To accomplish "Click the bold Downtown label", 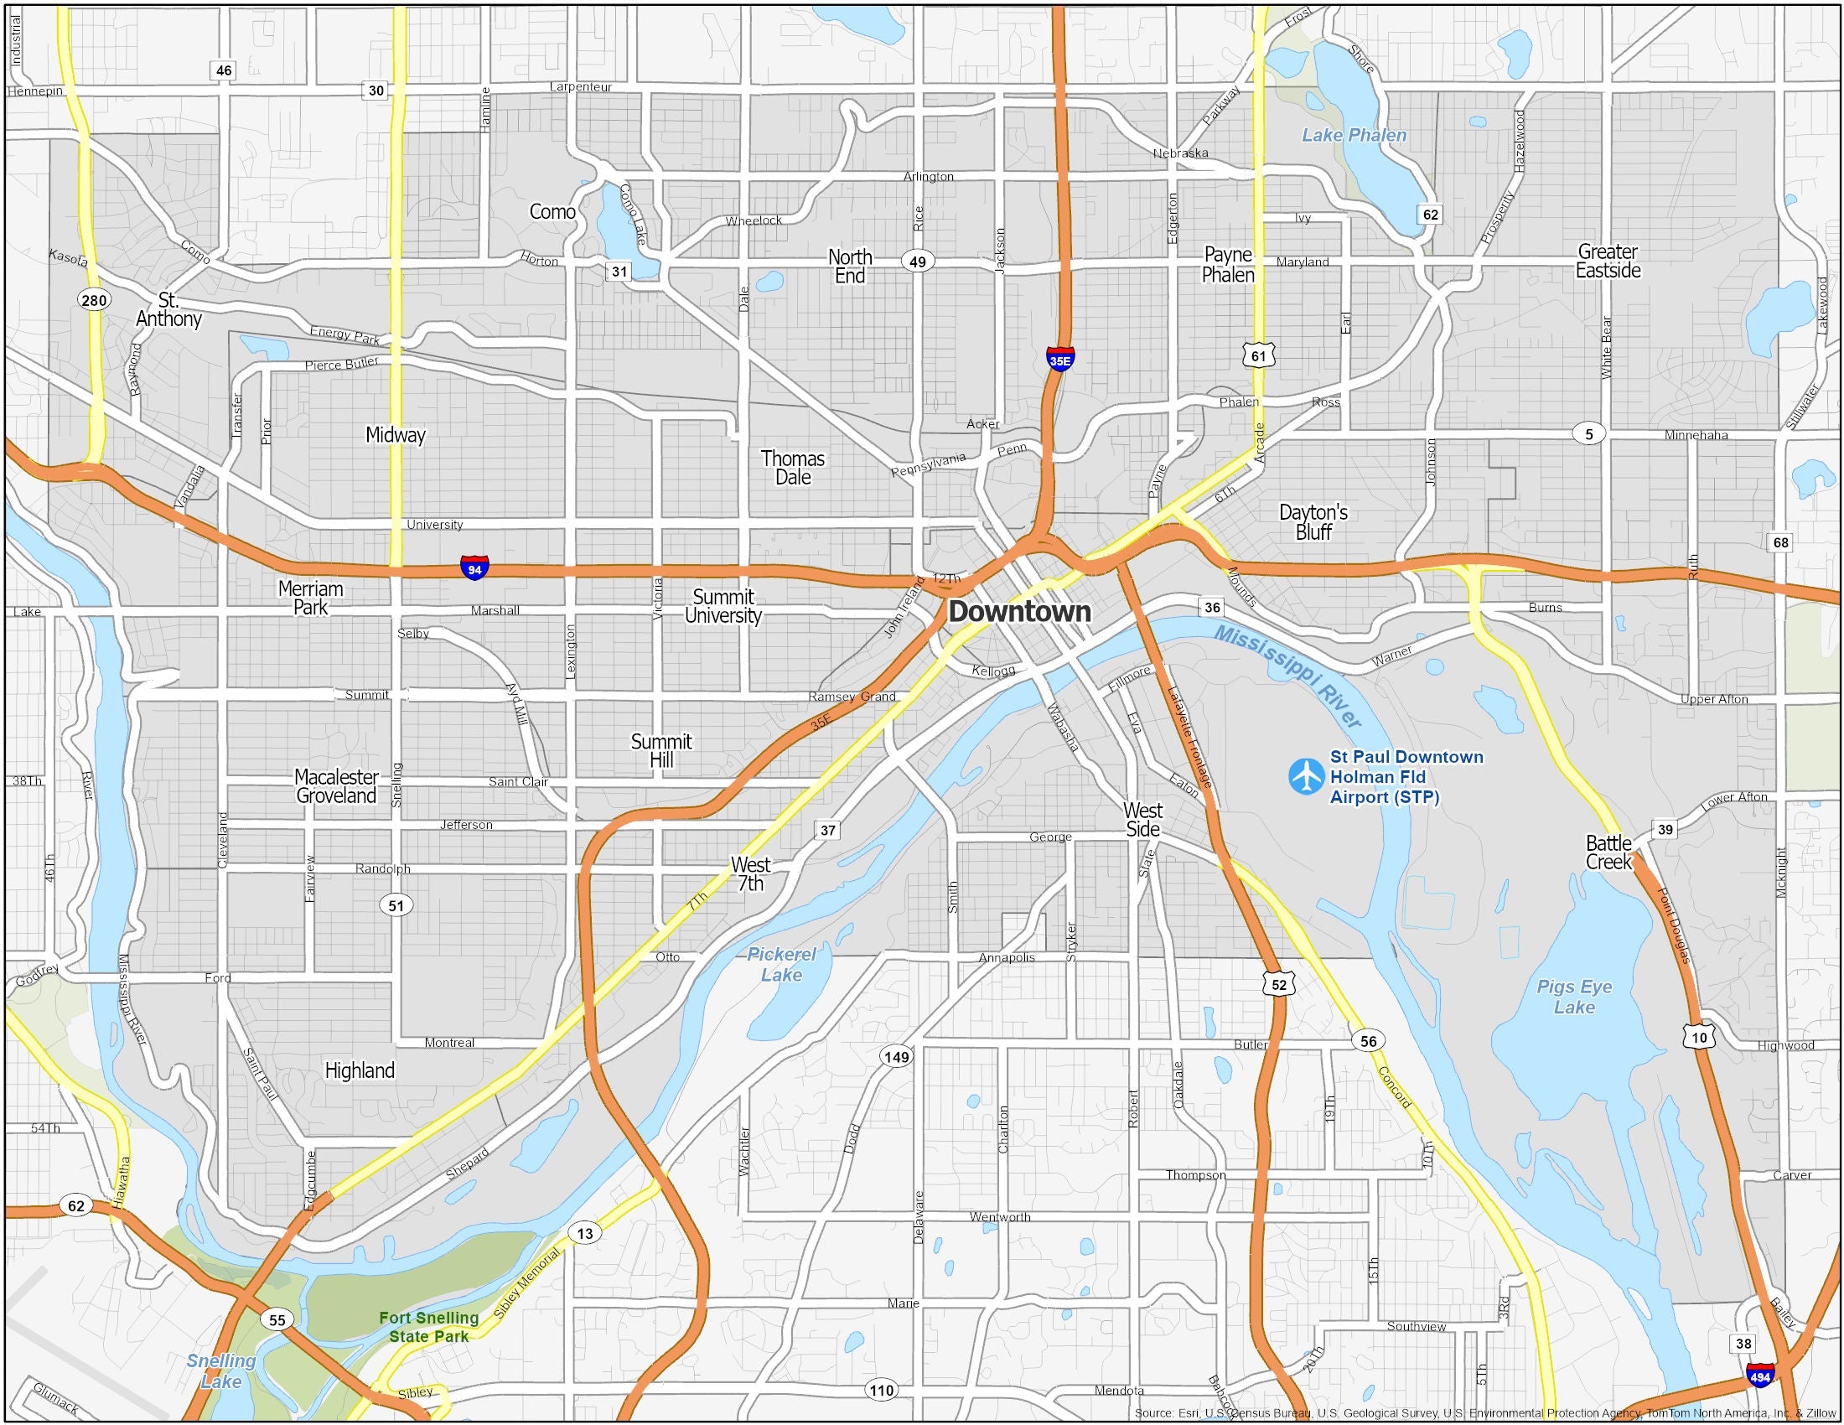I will coord(1019,611).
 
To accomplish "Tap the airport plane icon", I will coord(1306,776).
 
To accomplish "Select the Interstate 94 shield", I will coord(474,568).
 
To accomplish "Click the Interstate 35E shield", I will coord(1059,359).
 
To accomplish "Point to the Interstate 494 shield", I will coord(1760,1376).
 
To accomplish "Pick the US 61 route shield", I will coord(1258,355).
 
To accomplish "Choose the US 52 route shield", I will coord(1279,984).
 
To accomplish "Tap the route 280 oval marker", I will coord(94,300).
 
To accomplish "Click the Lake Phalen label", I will coord(1354,135).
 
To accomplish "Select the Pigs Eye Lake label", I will coord(1574,997).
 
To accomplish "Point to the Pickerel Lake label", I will coord(781,964).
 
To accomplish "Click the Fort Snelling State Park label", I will coord(428,1326).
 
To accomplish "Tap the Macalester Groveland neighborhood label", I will coord(336,786).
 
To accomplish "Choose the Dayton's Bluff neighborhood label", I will coord(1313,521).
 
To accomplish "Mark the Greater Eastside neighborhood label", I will coord(1608,261).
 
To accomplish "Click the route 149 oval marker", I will coord(896,1056).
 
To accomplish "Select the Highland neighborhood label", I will coord(360,1070).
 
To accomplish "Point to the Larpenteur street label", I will coord(580,86).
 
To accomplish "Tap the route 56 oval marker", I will coord(1368,1041).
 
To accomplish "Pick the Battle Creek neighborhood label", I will coord(1608,852).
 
